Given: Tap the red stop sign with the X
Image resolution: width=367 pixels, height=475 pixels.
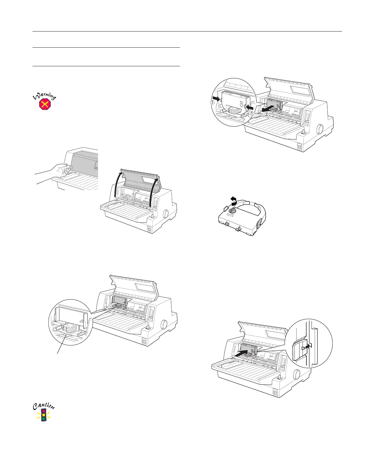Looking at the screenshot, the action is click(45, 104).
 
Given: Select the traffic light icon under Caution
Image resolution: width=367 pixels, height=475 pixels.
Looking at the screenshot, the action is click(44, 414).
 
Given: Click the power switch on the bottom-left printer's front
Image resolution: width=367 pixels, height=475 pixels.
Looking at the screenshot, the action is click(144, 342).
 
